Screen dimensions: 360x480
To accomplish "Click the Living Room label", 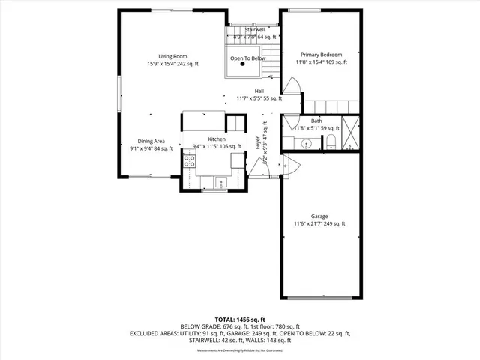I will [172, 56].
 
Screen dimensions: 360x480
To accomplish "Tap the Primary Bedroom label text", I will [321, 55].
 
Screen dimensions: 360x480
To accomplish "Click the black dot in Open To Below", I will [242, 64].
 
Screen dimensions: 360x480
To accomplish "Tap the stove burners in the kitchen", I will [190, 159].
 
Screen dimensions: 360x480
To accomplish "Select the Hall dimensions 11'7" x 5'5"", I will [259, 98].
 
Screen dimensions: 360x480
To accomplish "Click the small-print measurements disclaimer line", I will [239, 350].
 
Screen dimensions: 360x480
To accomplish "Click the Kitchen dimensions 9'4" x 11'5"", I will [217, 146].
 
